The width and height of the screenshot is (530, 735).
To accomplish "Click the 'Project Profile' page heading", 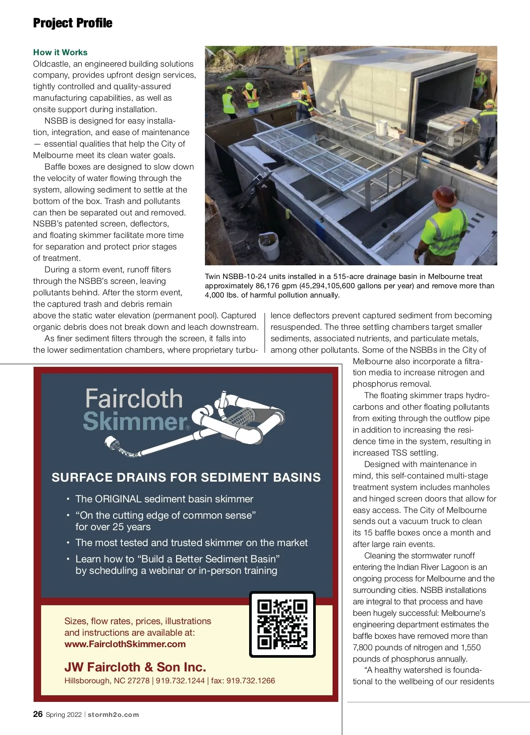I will point(73,23).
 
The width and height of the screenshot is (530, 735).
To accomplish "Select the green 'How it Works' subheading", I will point(60,52).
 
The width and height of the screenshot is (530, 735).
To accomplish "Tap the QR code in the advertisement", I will point(282,624).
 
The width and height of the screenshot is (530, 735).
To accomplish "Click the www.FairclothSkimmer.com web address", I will point(125,644).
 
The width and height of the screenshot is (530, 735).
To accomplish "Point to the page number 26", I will point(38,714).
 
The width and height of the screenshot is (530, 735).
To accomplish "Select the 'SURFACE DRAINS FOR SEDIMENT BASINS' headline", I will point(186,478).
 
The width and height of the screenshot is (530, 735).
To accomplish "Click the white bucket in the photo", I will point(269,247).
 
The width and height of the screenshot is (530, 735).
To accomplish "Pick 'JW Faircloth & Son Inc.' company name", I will point(135,667).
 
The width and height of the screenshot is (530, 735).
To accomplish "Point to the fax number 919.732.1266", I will point(250,681).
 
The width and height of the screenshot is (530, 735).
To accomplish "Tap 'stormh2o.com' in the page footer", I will point(114,715).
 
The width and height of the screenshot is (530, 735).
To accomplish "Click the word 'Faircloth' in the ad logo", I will point(134,399).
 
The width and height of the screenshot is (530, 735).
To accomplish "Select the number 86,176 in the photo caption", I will point(267,286).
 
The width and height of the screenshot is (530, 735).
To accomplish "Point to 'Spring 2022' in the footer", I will point(64,715).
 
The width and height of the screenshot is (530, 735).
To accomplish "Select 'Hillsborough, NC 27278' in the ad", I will point(107,681).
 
